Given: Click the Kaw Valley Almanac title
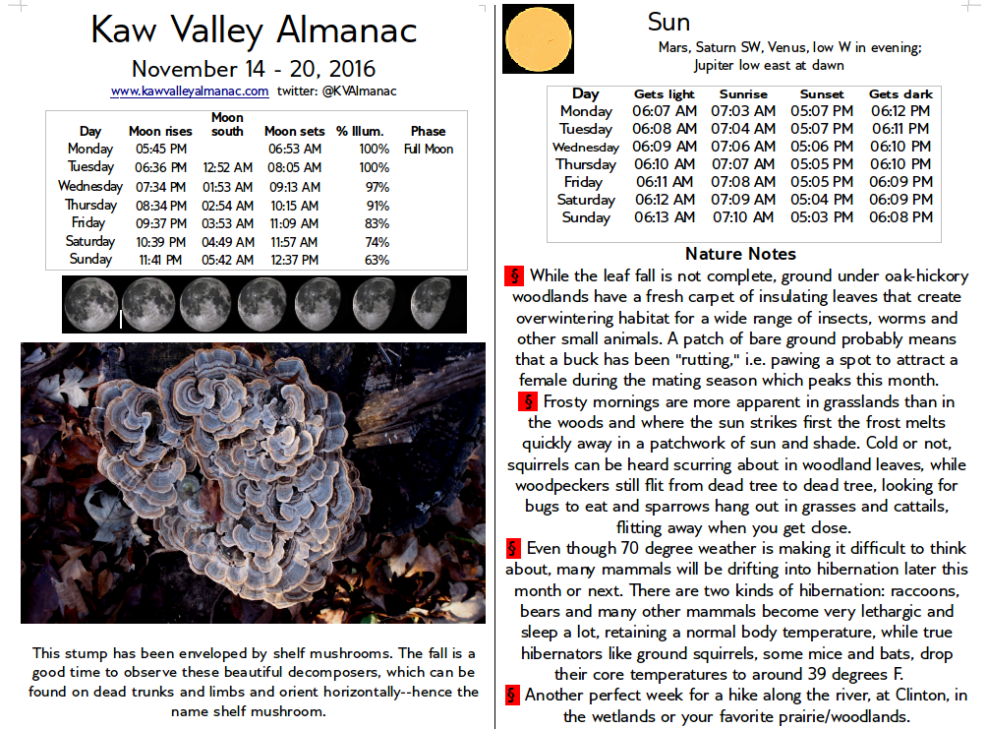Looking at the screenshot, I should pyautogui.click(x=254, y=31).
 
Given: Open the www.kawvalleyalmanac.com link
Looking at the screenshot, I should pyautogui.click(x=190, y=91).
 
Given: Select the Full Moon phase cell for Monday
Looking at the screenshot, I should pyautogui.click(x=428, y=150).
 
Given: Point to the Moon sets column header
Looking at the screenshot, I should pyautogui.click(x=294, y=131).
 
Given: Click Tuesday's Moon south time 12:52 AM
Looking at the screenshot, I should pyautogui.click(x=227, y=168).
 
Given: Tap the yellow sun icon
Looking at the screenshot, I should pyautogui.click(x=538, y=38).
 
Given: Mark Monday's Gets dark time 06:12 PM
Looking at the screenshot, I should pyautogui.click(x=900, y=111).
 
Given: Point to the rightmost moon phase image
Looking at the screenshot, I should pyautogui.click(x=431, y=304).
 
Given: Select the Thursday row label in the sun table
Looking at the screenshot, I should pyautogui.click(x=586, y=164).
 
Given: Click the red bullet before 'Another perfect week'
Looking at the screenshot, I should pyautogui.click(x=512, y=696).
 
